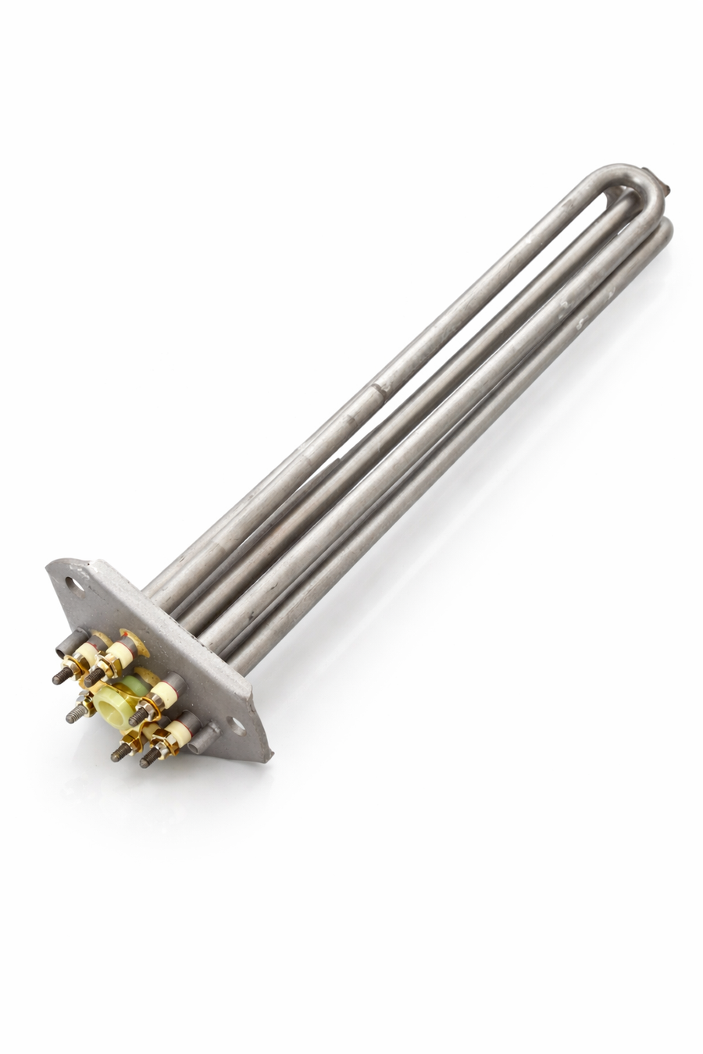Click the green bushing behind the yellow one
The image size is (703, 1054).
(134, 684)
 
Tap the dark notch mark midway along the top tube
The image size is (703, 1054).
(380, 387)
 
